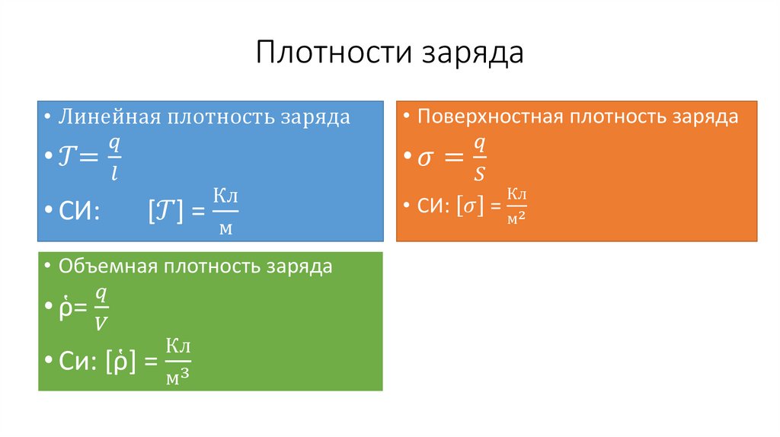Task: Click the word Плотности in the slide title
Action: click(326, 54)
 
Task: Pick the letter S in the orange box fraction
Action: click(479, 174)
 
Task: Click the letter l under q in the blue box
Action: click(113, 174)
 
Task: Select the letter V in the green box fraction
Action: click(101, 324)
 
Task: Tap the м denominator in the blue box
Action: click(225, 229)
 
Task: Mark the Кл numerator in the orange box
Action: click(517, 195)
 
